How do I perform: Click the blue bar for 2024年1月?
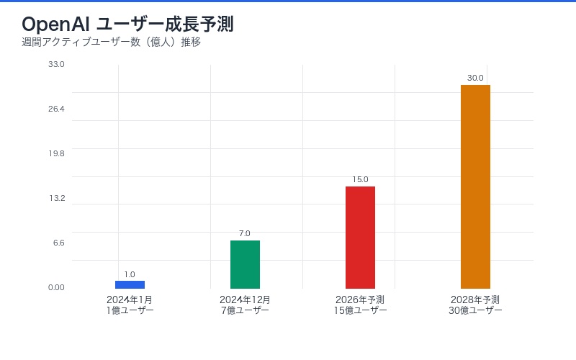point(130,284)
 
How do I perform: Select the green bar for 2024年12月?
point(245,264)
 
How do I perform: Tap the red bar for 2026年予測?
point(360,238)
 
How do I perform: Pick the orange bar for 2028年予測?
point(475,186)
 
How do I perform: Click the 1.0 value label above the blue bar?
point(130,274)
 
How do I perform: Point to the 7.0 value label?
point(245,233)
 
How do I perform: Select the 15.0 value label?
point(360,179)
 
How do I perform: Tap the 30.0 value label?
point(475,78)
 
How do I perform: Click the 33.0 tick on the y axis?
point(56,64)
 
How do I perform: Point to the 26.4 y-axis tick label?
point(56,109)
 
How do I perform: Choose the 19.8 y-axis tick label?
point(56,153)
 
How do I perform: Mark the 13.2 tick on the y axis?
point(56,198)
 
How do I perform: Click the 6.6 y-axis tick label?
point(58,243)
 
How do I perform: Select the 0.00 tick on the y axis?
point(56,287)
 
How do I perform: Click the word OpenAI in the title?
point(55,24)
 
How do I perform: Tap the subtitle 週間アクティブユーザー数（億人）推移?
point(111,42)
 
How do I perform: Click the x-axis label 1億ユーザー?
point(130,310)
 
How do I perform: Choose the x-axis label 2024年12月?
point(245,300)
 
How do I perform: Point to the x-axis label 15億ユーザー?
point(360,310)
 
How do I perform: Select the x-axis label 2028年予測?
point(475,300)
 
